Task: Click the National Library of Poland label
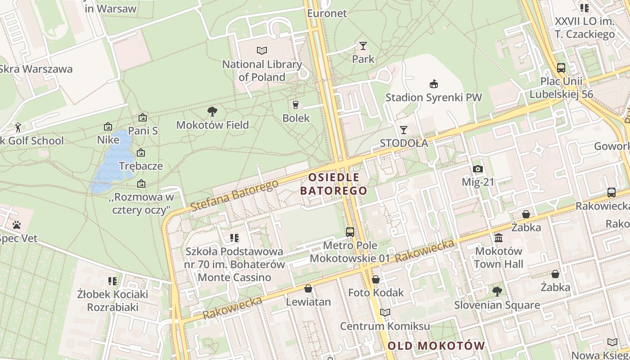262,71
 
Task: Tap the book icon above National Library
262,50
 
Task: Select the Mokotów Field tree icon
212,112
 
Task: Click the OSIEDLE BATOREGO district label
333,184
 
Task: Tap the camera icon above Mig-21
478,169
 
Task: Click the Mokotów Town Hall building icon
499,238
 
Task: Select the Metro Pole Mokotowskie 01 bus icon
350,232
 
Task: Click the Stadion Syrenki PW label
433,97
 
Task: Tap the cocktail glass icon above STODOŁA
404,130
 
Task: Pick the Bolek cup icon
296,105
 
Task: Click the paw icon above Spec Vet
17,225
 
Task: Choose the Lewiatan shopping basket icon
308,288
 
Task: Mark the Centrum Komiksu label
385,326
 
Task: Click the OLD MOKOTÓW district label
436,346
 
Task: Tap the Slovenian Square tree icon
497,292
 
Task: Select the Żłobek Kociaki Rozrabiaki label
112,301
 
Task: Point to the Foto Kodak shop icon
376,279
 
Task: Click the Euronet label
327,13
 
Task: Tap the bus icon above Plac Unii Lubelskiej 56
561,68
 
